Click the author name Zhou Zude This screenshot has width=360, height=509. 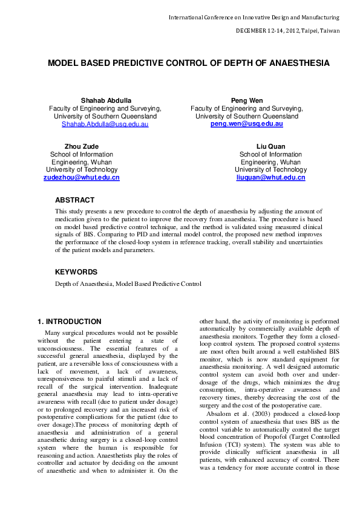(x=81, y=146)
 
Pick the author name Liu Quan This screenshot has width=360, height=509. (x=270, y=146)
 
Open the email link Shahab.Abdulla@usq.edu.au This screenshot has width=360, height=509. (x=105, y=124)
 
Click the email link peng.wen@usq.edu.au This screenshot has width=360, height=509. (x=246, y=123)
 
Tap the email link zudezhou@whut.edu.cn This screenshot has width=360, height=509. (x=81, y=178)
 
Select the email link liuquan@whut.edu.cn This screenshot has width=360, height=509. (x=270, y=178)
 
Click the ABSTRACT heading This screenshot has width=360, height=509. (x=74, y=200)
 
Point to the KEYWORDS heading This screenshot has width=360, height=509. (x=76, y=273)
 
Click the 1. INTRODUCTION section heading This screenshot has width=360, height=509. (x=69, y=322)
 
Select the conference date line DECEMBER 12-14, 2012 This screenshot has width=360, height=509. (x=287, y=30)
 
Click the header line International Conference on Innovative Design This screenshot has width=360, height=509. (x=254, y=18)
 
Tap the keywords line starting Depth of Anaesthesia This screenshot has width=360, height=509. (x=128, y=284)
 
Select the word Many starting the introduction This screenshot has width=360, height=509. (x=53, y=333)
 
